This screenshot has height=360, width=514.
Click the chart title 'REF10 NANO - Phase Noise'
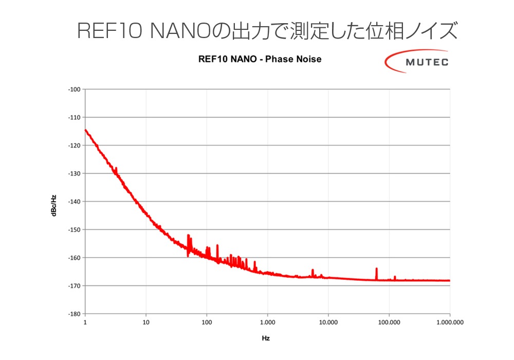click(x=260, y=59)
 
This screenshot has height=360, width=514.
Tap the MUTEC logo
click(x=417, y=62)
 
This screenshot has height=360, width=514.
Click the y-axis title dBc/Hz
click(x=54, y=201)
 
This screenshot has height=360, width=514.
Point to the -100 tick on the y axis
click(x=74, y=89)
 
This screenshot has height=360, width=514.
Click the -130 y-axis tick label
click(x=74, y=173)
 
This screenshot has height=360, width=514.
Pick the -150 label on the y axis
click(x=74, y=229)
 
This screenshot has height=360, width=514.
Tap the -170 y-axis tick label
click(x=74, y=285)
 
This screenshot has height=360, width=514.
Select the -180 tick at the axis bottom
click(x=74, y=314)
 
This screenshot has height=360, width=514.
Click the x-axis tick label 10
click(x=146, y=322)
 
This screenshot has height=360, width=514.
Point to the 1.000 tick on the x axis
click(x=267, y=322)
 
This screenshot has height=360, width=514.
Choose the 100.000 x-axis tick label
click(x=389, y=322)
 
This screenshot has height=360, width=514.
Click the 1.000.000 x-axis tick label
click(x=450, y=322)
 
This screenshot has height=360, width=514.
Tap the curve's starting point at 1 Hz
click(x=85, y=130)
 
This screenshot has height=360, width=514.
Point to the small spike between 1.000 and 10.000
click(x=313, y=271)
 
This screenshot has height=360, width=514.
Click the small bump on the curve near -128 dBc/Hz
click(x=116, y=169)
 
